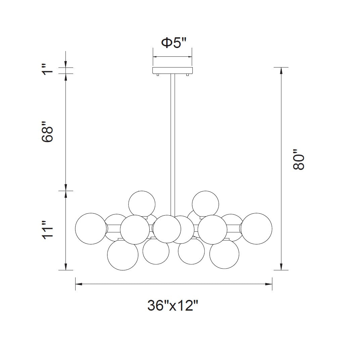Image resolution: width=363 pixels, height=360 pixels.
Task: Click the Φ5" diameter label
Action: [174, 43]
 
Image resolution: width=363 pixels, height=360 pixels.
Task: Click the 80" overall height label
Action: [298, 160]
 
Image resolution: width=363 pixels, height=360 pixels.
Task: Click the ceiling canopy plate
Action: [173, 71]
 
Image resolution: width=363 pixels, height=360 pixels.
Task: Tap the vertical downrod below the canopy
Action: [173, 145]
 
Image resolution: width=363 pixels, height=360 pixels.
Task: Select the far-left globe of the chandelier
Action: [91, 228]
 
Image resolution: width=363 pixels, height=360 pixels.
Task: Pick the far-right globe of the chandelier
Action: [257, 228]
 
